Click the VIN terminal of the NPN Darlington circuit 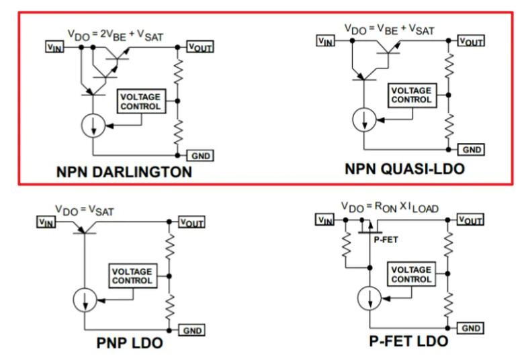54,47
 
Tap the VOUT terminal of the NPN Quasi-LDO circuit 470,41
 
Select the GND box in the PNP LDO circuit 192,330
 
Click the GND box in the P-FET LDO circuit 470,328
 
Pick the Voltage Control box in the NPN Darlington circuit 140,101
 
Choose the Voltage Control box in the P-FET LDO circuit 411,274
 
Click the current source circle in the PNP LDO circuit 85,300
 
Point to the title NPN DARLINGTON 124,172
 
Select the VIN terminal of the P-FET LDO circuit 324,220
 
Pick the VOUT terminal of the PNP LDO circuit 192,222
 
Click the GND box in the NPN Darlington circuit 202,156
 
